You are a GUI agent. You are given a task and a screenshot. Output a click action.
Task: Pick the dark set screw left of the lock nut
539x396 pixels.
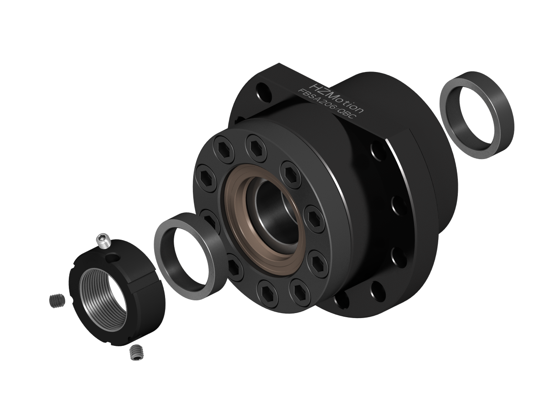[57, 301]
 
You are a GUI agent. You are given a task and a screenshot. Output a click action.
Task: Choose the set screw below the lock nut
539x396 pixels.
[136, 352]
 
